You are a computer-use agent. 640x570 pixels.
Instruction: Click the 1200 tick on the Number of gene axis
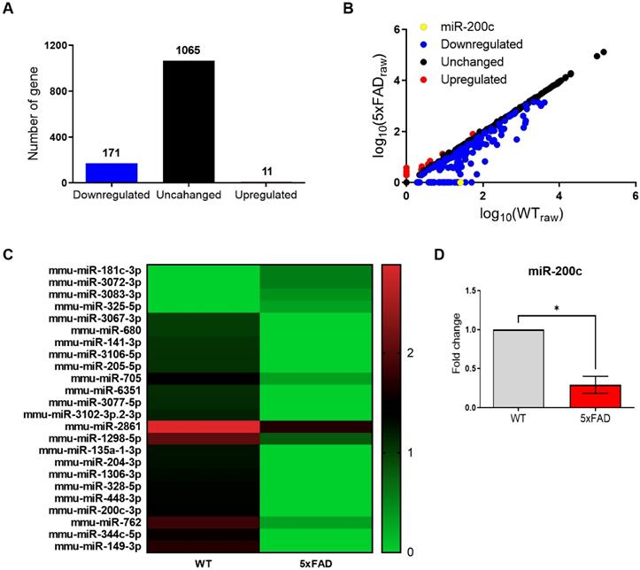click(52, 44)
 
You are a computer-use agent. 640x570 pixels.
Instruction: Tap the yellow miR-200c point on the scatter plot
click(463, 182)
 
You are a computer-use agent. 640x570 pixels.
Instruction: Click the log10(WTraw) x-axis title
click(520, 215)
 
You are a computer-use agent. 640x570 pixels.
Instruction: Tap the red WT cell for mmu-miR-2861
click(203, 427)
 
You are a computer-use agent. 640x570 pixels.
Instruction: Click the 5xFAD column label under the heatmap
click(314, 561)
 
